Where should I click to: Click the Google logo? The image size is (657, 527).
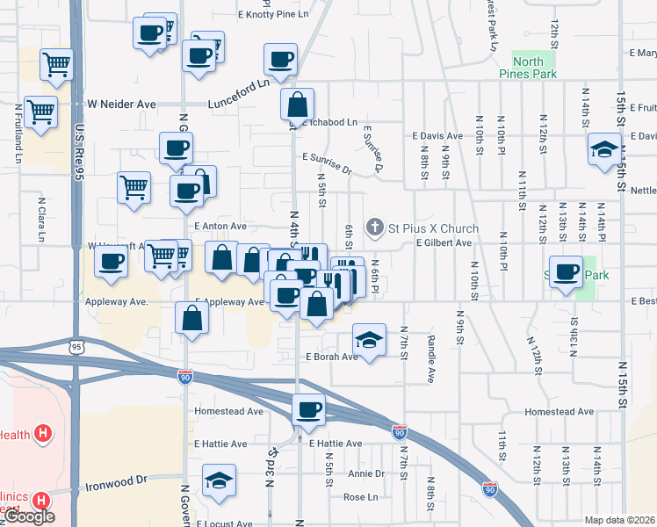point(30,516)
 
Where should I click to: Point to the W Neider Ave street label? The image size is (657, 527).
point(119,105)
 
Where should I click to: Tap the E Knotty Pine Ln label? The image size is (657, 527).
point(275,16)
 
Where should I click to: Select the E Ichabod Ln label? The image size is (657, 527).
point(330,123)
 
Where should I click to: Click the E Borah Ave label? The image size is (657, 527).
point(331,357)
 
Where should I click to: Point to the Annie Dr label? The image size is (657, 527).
point(366,473)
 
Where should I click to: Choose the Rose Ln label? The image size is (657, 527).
point(359,497)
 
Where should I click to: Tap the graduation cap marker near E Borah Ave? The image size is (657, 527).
point(370,339)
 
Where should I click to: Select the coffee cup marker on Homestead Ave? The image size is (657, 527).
point(308,409)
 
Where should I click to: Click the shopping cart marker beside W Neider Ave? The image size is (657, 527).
point(41,112)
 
